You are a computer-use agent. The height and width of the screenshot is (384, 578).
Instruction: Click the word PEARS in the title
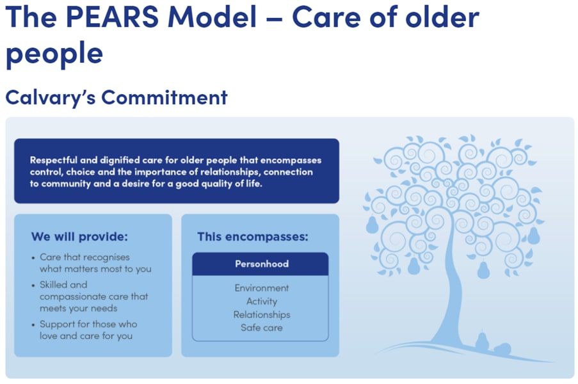(112, 17)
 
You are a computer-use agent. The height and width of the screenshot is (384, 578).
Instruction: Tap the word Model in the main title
(212, 17)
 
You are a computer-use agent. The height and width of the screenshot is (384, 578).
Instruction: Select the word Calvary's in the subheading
(51, 98)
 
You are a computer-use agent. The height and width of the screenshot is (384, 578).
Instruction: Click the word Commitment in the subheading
(165, 98)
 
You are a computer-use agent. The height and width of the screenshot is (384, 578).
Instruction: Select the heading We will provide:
(79, 237)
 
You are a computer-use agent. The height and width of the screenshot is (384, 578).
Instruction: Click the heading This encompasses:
(252, 237)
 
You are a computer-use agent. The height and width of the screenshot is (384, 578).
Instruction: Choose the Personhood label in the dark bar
(262, 264)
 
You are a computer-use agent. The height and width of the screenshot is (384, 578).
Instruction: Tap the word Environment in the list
(262, 288)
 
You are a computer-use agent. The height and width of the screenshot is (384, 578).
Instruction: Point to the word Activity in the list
(262, 301)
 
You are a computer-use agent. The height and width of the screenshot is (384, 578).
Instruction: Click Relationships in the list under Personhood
(262, 315)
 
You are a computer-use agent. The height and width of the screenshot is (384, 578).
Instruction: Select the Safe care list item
(262, 328)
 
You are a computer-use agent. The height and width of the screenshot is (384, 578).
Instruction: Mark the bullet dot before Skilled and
(33, 285)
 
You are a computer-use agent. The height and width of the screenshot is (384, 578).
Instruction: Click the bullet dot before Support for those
(33, 325)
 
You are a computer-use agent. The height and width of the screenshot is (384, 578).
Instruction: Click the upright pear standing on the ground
(482, 341)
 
